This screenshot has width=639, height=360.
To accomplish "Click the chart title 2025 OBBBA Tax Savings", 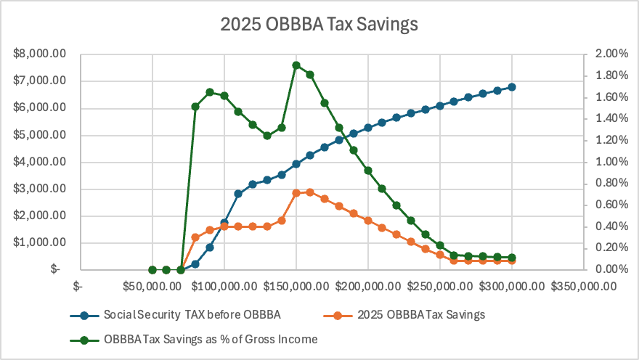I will pos(319,24).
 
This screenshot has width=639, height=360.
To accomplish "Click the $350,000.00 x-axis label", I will pos(583,285).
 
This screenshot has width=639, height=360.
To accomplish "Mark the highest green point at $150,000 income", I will pos(296,65).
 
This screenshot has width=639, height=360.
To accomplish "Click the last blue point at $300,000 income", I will pos(512,87).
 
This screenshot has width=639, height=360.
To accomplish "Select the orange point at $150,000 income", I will pos(296,193).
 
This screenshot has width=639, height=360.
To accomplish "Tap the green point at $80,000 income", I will pos(195,107).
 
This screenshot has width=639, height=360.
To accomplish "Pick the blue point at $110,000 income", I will pos(238,194).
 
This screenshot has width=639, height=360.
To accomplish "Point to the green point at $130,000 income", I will pos(267,136).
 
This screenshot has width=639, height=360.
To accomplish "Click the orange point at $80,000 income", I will pos(195,237).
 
